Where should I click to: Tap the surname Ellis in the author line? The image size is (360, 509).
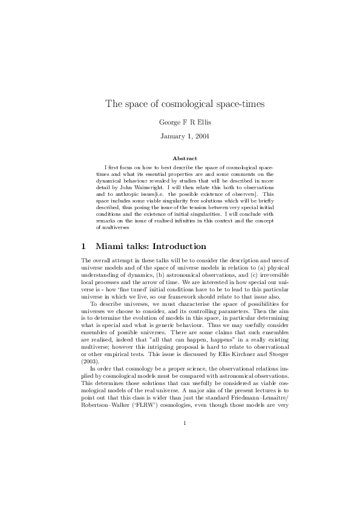(x=192, y=122)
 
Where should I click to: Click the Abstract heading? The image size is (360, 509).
(x=180, y=158)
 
